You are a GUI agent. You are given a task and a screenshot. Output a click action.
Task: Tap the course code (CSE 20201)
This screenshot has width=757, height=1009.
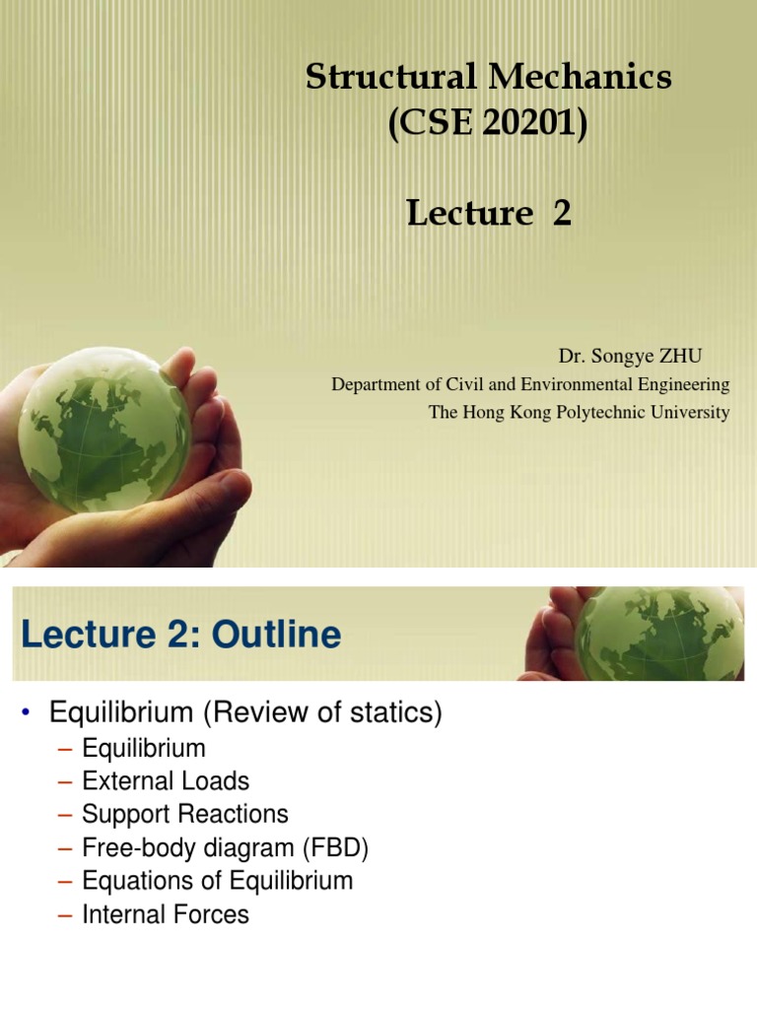point(488,125)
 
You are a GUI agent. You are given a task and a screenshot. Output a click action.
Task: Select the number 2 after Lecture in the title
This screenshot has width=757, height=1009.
point(562,213)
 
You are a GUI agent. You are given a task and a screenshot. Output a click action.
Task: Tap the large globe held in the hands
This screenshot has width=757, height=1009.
point(103,429)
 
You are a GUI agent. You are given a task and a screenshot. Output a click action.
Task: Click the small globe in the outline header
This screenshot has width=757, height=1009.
point(658,633)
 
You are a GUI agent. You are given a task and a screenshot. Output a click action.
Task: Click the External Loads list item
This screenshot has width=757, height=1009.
point(166,781)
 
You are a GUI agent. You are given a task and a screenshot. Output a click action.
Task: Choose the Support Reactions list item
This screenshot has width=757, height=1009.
point(185,815)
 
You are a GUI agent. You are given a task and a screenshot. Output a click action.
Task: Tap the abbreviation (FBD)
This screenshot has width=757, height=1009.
point(335,848)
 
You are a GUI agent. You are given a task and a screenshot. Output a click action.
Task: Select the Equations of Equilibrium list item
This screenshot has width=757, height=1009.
point(217,881)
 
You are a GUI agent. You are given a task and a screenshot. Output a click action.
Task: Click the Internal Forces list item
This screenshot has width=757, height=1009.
point(166,914)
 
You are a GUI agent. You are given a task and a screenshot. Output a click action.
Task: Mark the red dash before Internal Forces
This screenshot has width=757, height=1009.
point(66,915)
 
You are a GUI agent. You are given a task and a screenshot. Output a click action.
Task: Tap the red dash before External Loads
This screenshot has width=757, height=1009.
point(66,782)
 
